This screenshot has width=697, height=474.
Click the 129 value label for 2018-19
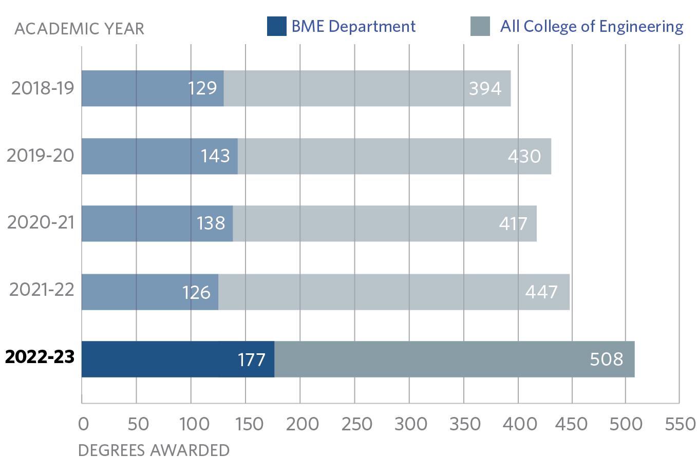click(202, 88)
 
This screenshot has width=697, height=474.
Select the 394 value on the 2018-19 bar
click(485, 88)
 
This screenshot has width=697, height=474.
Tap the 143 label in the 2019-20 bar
click(215, 156)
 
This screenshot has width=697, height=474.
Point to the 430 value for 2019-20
click(524, 156)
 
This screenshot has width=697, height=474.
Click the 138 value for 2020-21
click(211, 223)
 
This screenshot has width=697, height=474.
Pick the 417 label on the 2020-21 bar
click(513, 223)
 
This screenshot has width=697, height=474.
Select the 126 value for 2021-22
click(196, 292)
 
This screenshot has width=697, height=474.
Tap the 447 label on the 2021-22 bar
click(541, 292)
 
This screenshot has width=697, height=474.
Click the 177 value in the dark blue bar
click(251, 359)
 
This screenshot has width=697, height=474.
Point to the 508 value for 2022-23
click(607, 359)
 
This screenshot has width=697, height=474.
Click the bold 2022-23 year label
click(40, 357)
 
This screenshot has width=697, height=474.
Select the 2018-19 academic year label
click(43, 88)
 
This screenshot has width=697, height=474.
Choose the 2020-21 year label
click(41, 222)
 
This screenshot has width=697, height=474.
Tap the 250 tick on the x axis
click(354, 424)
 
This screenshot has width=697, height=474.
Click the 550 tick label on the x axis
click(679, 424)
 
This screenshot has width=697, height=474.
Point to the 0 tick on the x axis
click(83, 424)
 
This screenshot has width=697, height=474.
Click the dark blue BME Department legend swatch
click(276, 27)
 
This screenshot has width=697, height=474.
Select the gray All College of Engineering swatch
click(480, 27)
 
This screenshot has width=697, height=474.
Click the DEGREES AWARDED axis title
click(154, 450)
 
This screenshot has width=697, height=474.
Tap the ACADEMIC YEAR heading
click(80, 29)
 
